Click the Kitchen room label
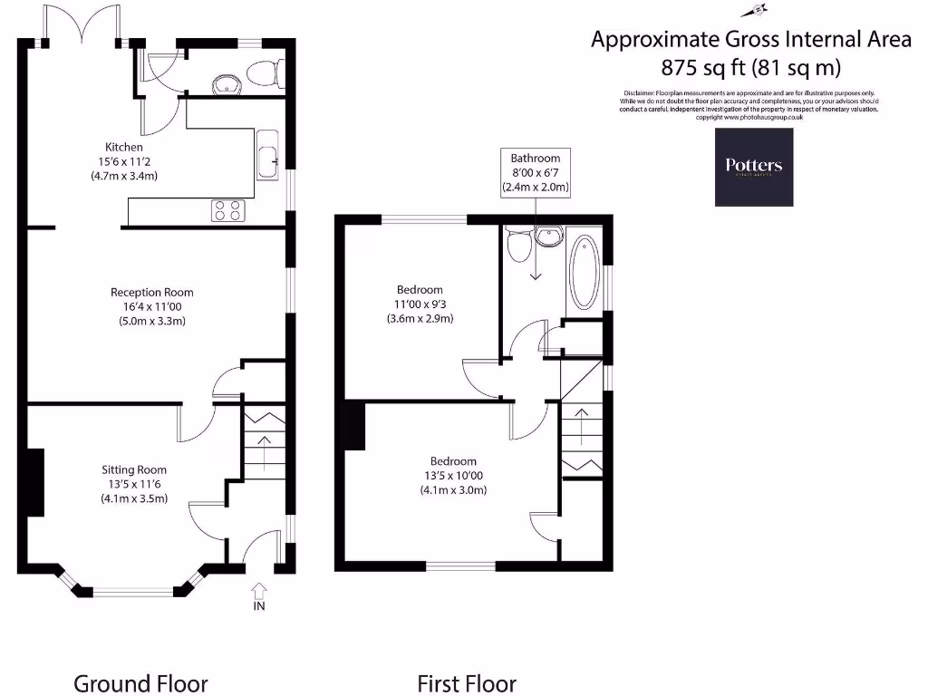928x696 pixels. pos(124,147)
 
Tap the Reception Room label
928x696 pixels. pos(151,293)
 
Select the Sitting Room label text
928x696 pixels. pos(134,470)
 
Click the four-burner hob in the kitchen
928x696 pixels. pos(227,210)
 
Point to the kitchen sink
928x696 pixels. pos(267,159)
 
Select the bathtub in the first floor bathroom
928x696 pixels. pos(584,273)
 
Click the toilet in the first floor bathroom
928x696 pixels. pos(518,245)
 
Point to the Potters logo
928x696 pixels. pos(753,167)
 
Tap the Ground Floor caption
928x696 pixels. pos(140,683)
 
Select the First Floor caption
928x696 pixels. pos(466,683)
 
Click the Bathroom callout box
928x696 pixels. pos(535,173)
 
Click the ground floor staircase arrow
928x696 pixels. pos(264,449)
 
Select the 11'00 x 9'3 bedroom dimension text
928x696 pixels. pos(418,304)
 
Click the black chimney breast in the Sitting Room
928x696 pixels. pos(34,482)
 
